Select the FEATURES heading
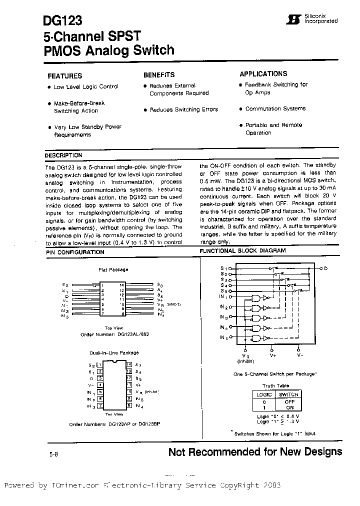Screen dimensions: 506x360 (x=64, y=76)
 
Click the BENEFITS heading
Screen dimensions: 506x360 (x=159, y=75)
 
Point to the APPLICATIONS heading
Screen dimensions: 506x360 (x=263, y=73)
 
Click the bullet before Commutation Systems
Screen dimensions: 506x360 (x=240, y=109)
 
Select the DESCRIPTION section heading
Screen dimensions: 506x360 (x=63, y=155)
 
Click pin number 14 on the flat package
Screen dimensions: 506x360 (x=121, y=285)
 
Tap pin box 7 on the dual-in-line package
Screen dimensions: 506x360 (x=100, y=405)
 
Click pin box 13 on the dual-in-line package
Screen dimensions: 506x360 (x=129, y=371)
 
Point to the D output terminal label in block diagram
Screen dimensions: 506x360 (x=325, y=268)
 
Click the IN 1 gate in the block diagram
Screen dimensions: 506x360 (x=256, y=298)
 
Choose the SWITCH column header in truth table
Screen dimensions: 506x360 (x=288, y=394)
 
